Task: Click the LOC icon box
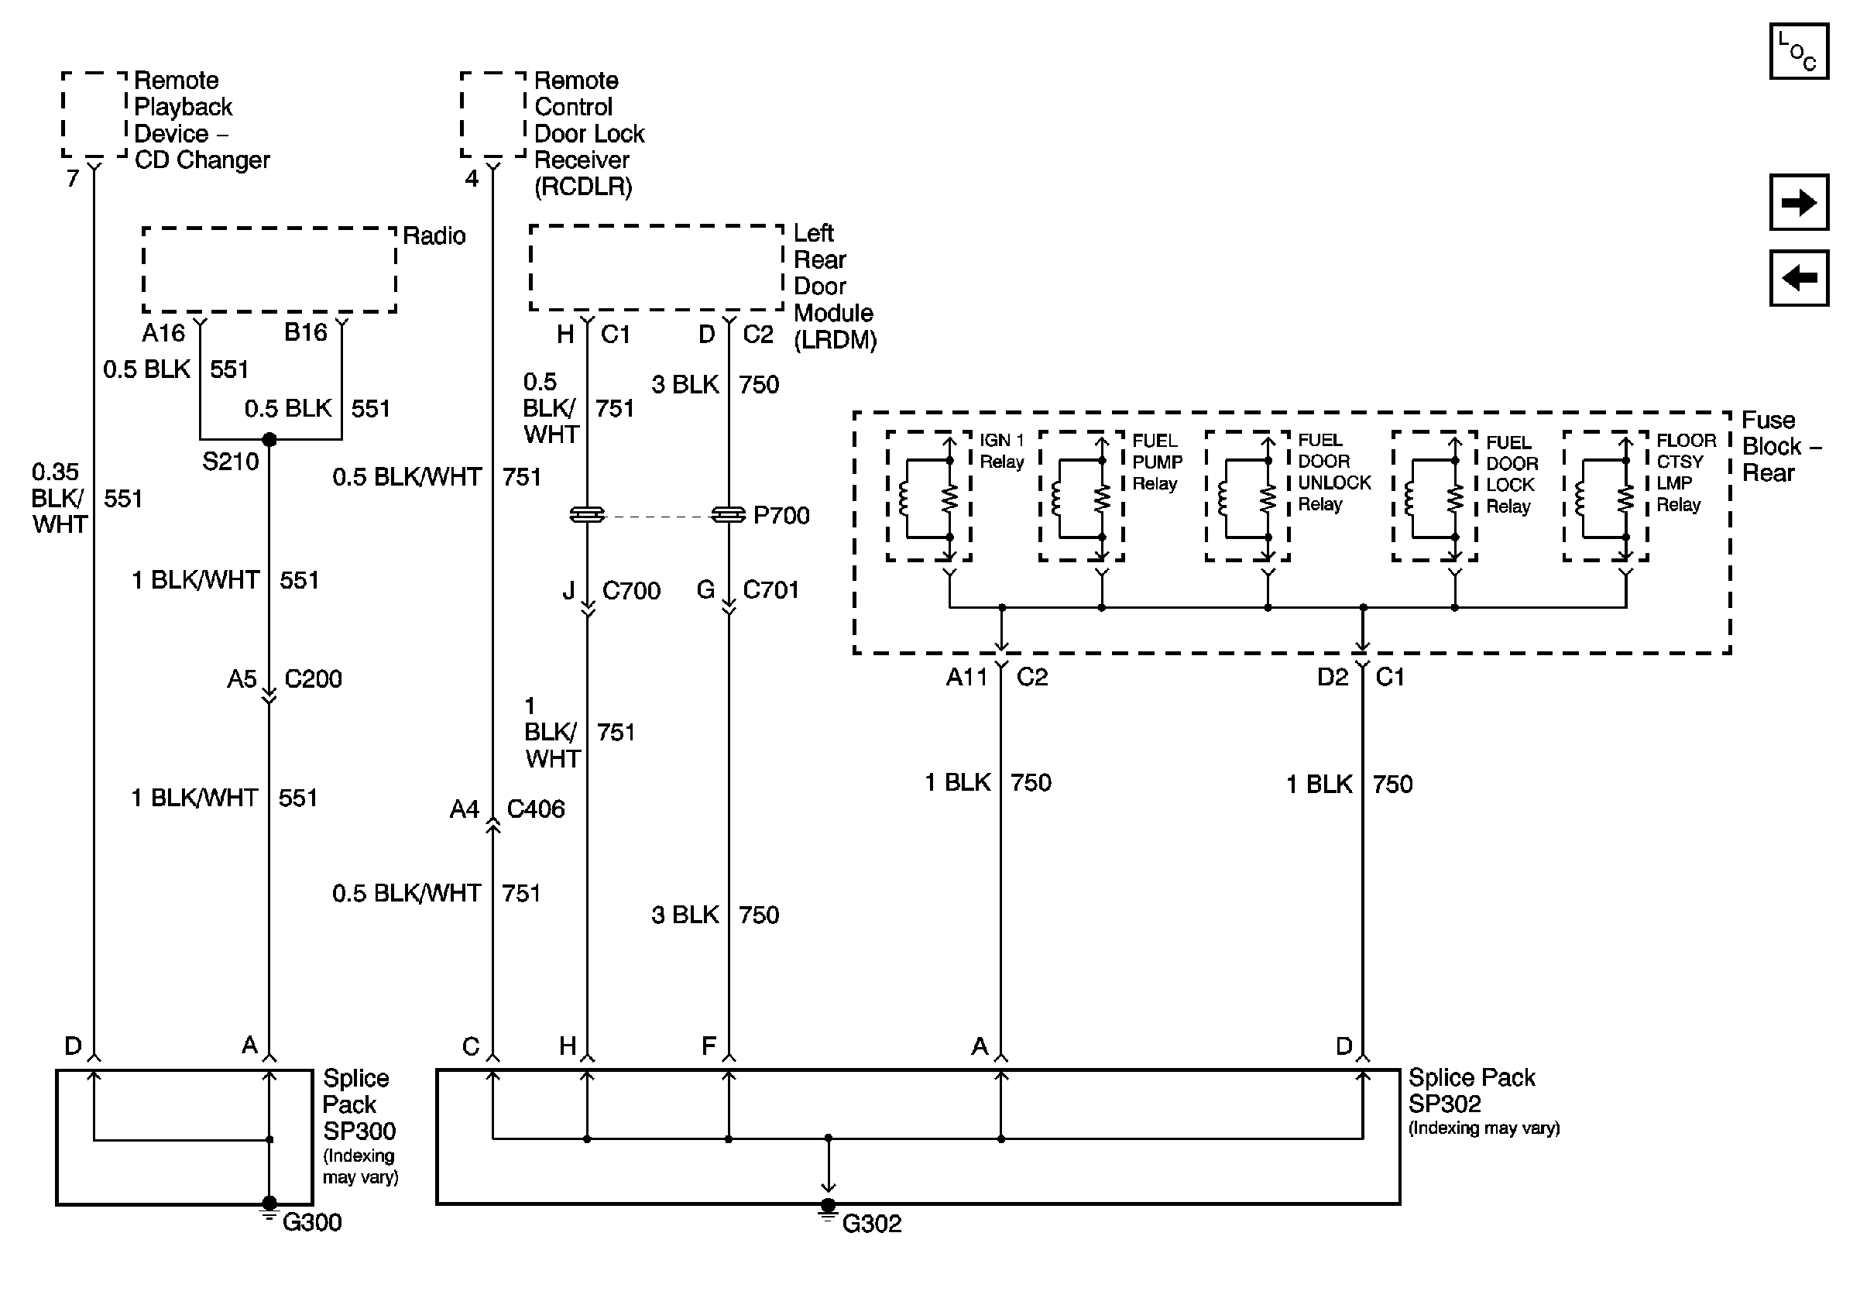click(x=1797, y=52)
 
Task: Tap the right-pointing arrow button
click(x=1797, y=201)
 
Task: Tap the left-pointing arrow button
click(x=1797, y=278)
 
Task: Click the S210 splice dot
click(x=269, y=440)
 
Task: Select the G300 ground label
click(x=312, y=1221)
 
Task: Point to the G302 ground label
click(x=872, y=1223)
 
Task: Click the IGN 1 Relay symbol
click(x=928, y=496)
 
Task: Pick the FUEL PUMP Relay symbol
click(x=1081, y=496)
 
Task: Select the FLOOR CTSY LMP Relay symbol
click(x=1604, y=496)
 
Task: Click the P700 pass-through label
click(x=781, y=515)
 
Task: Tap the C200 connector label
click(x=313, y=678)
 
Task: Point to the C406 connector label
click(x=536, y=809)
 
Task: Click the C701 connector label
click(x=770, y=589)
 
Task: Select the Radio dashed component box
click(x=269, y=270)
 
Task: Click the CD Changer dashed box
click(x=94, y=113)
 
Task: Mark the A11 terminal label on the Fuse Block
click(x=966, y=676)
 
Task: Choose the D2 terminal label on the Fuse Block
click(x=1332, y=676)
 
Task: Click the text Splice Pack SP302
click(x=1470, y=1090)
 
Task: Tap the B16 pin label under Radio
click(x=305, y=332)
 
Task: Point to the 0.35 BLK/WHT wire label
click(x=57, y=497)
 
